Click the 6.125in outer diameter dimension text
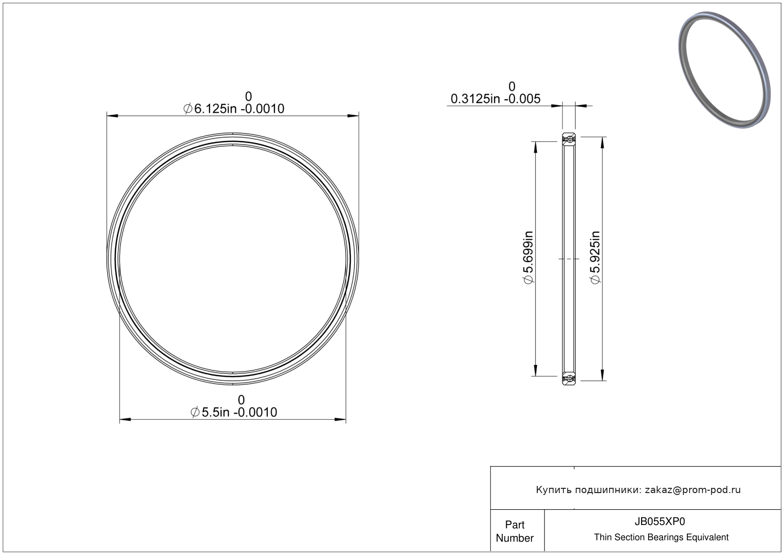[234, 109]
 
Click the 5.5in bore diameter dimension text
[234, 412]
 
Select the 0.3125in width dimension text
[495, 99]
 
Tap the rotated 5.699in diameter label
[528, 258]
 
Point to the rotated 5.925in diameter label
[595, 258]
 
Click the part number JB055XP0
[660, 522]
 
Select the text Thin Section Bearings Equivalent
[661, 537]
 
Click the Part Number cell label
[514, 531]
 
